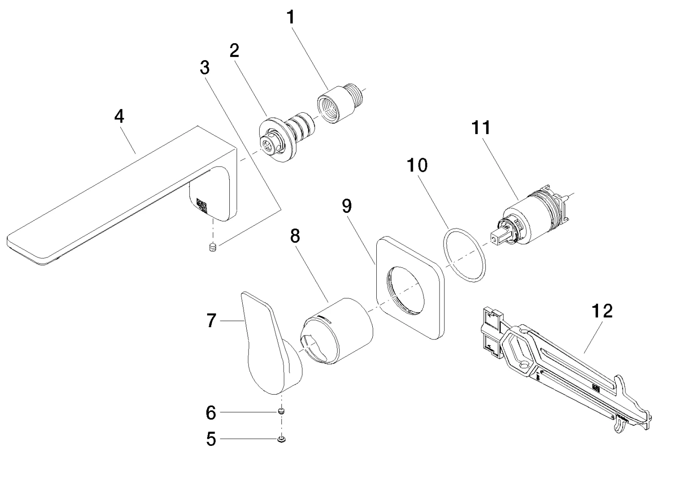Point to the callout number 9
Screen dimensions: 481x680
[346, 206]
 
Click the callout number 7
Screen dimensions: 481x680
[212, 321]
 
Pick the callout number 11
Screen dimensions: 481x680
[481, 128]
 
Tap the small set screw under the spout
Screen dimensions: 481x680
[213, 246]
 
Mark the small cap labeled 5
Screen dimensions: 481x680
[281, 440]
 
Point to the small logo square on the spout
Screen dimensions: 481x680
[201, 205]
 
